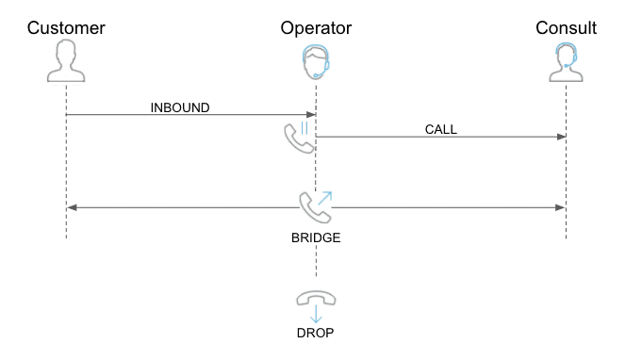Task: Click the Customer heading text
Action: click(66, 27)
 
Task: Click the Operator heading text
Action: click(316, 27)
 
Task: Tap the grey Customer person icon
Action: click(66, 63)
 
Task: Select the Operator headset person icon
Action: click(316, 63)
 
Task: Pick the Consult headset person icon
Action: click(566, 63)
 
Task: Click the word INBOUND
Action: click(180, 106)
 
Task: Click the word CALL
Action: click(440, 129)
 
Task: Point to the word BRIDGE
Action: click(316, 237)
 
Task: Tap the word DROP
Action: click(316, 333)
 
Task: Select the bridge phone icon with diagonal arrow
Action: click(315, 205)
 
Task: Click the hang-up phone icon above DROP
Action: click(316, 298)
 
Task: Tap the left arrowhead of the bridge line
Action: click(71, 206)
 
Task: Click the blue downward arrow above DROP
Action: click(316, 316)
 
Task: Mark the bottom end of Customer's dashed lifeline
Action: click(66, 237)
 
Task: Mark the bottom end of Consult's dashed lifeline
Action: click(566, 237)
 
